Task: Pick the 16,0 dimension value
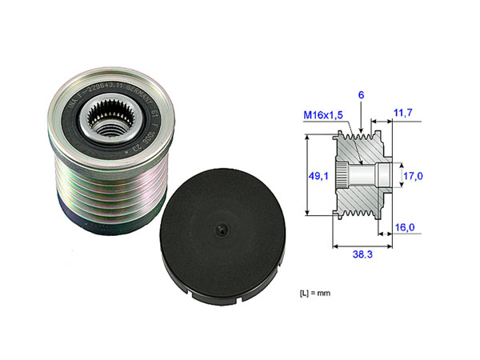point(406,228)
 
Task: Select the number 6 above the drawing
point(361,94)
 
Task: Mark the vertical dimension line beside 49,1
point(308,176)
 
